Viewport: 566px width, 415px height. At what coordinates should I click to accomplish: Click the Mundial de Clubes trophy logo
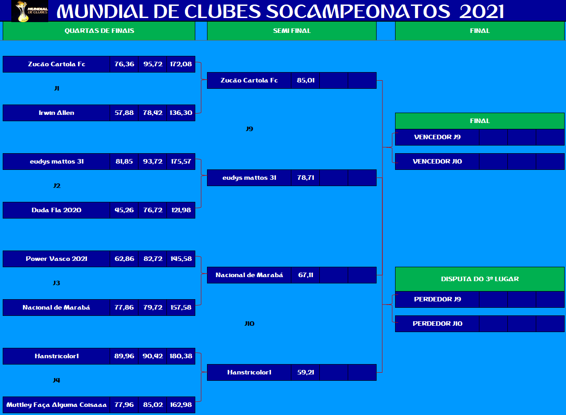(x=30, y=11)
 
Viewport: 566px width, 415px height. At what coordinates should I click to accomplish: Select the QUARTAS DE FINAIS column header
(x=99, y=31)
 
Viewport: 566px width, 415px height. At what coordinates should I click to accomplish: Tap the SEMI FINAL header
(x=292, y=31)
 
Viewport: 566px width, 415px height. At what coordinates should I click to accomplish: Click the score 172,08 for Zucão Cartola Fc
(x=181, y=64)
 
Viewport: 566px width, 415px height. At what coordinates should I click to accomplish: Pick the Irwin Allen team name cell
(x=56, y=113)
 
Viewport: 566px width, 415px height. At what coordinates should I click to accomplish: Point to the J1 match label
(x=57, y=88)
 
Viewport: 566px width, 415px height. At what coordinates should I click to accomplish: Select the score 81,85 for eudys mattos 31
(x=124, y=162)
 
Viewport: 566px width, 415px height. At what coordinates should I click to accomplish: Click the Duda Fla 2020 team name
(x=56, y=210)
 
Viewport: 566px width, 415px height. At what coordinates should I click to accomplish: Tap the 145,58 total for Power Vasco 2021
(x=181, y=259)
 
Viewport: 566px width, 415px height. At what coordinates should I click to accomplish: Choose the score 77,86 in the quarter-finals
(x=124, y=307)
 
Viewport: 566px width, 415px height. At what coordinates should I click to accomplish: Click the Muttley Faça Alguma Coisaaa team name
(x=56, y=405)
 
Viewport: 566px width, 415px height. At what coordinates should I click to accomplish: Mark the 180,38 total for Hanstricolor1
(x=181, y=356)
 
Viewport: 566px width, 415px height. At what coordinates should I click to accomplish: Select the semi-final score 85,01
(x=305, y=81)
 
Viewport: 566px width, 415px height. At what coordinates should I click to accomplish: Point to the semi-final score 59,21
(x=305, y=372)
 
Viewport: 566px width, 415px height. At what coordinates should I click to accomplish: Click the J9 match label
(x=249, y=129)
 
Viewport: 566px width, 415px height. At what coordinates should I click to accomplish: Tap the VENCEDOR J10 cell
(x=437, y=162)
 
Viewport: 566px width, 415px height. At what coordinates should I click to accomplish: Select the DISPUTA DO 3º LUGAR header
(x=479, y=279)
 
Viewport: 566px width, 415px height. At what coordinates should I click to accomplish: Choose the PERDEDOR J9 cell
(x=437, y=299)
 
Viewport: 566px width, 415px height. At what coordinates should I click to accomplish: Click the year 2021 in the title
(x=482, y=12)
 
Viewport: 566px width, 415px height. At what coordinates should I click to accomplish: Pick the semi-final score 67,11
(x=305, y=275)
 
